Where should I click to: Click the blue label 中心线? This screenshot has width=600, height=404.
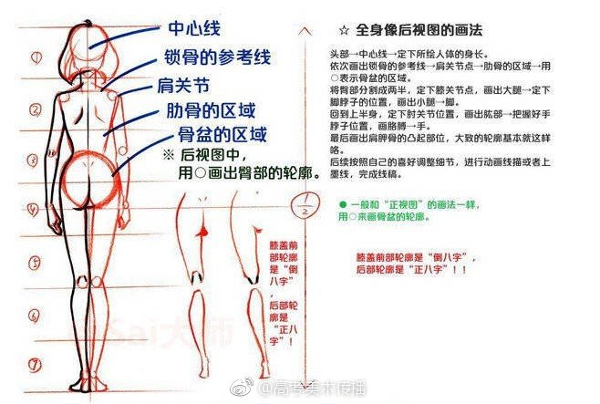tap(193, 29)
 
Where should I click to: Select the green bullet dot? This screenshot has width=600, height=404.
tap(342, 203)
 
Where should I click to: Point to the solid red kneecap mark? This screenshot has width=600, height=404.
tap(202, 235)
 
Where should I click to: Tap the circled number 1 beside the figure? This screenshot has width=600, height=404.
tap(36, 57)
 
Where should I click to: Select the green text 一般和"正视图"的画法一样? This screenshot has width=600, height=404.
tap(405, 204)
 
